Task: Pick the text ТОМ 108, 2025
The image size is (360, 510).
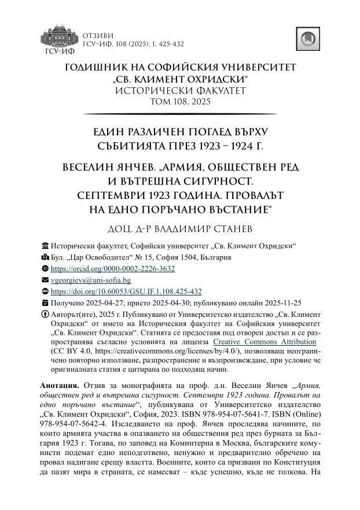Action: point(180,102)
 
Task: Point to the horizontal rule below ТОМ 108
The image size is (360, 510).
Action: point(180,114)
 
